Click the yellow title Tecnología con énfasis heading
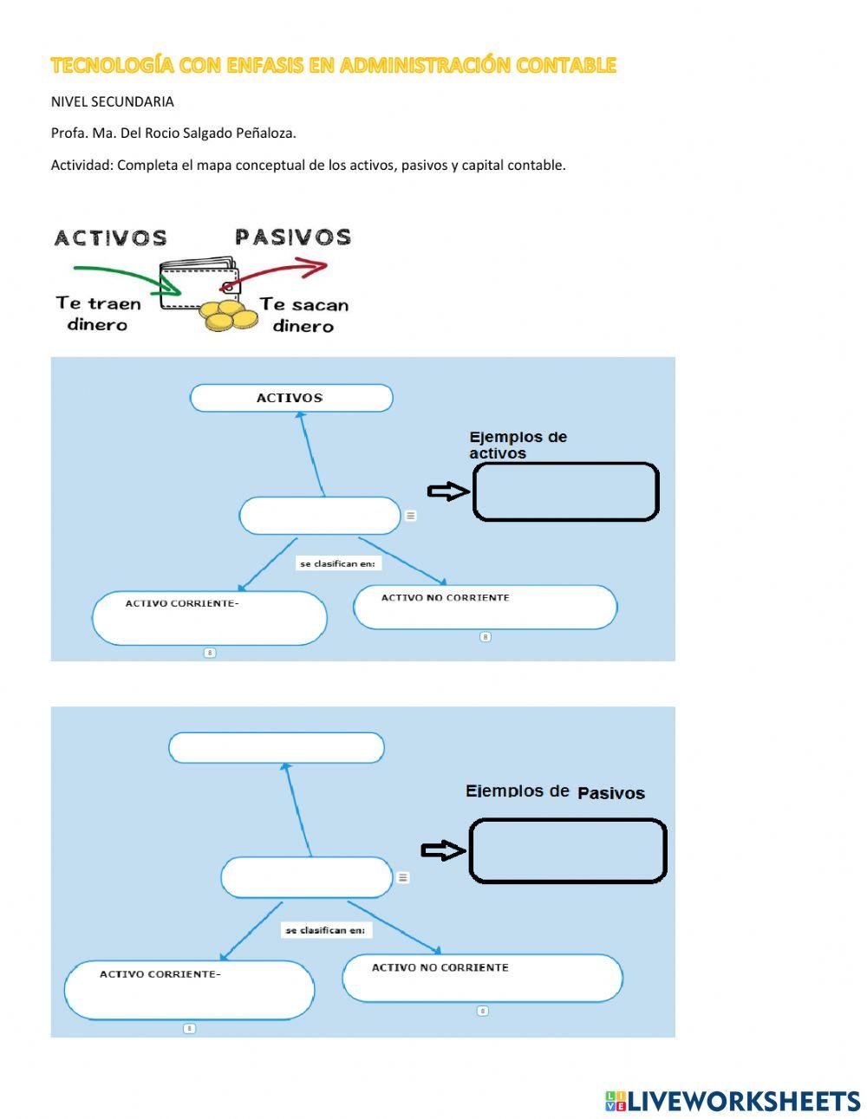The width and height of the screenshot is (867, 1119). tap(333, 65)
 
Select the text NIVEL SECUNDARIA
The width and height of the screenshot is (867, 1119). tap(112, 101)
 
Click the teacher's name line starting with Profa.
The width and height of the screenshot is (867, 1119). tap(173, 133)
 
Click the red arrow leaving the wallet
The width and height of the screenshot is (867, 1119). tap(286, 270)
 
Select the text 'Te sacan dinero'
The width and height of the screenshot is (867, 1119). tap(303, 315)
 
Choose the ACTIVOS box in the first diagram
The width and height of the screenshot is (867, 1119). tap(290, 398)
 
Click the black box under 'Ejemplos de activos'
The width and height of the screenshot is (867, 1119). tap(565, 491)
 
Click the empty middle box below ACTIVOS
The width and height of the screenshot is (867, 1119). tap(319, 516)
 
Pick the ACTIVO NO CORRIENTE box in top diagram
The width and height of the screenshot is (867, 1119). tap(485, 607)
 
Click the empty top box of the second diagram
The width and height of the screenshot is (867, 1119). tap(276, 747)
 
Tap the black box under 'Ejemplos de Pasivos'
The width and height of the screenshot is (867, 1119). tap(567, 850)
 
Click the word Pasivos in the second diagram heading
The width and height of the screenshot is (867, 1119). tap(610, 793)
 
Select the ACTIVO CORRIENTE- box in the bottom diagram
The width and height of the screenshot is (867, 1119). tap(189, 990)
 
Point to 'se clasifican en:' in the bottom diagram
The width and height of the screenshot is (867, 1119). tap(325, 930)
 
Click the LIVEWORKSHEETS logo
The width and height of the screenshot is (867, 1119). tap(733, 1101)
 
